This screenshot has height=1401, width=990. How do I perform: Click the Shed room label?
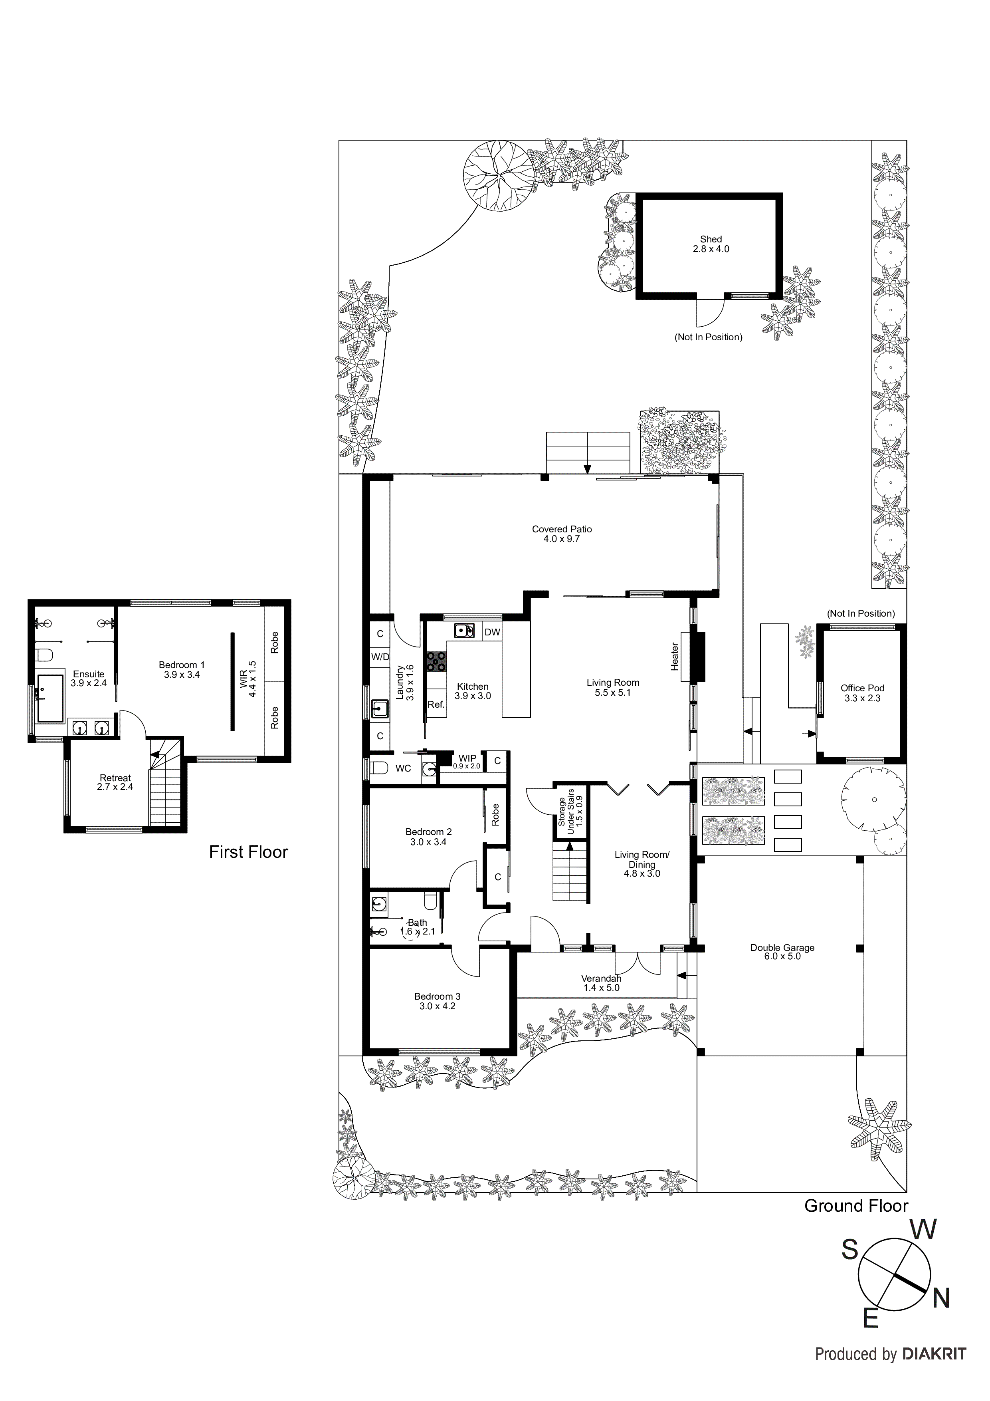pyautogui.click(x=711, y=244)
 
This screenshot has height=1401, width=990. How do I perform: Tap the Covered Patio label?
pyautogui.click(x=562, y=534)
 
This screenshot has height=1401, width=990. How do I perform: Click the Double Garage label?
pyautogui.click(x=782, y=952)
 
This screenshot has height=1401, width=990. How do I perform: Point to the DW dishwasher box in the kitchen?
pyautogui.click(x=492, y=632)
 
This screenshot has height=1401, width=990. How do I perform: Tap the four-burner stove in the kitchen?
pyautogui.click(x=436, y=661)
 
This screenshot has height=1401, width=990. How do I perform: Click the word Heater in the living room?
pyautogui.click(x=675, y=657)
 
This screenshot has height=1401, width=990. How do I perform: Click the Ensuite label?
pyautogui.click(x=89, y=679)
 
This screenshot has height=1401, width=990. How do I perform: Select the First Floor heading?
pyautogui.click(x=248, y=852)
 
